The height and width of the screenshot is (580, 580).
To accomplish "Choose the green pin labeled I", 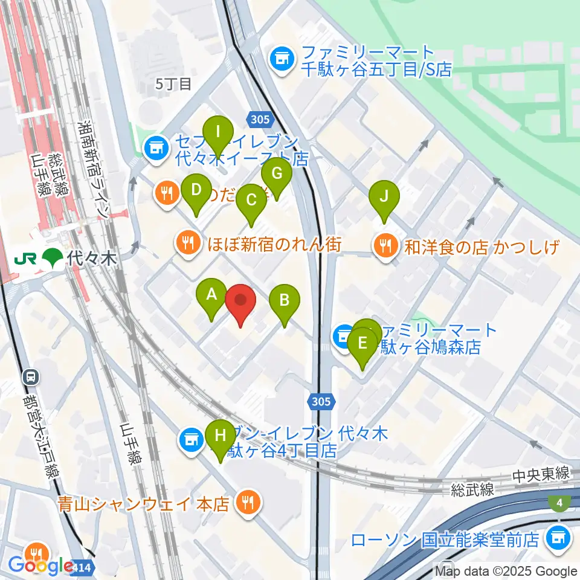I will [219, 130].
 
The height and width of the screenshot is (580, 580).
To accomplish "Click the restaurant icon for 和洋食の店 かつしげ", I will [384, 245].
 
